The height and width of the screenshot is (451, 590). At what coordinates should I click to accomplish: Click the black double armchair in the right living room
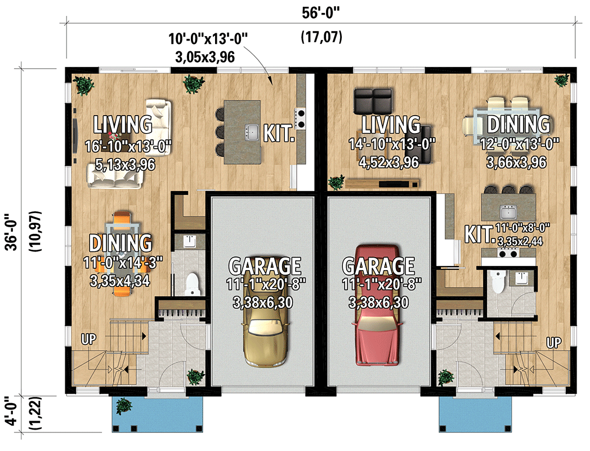373,100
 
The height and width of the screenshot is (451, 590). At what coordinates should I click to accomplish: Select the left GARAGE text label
265,265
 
